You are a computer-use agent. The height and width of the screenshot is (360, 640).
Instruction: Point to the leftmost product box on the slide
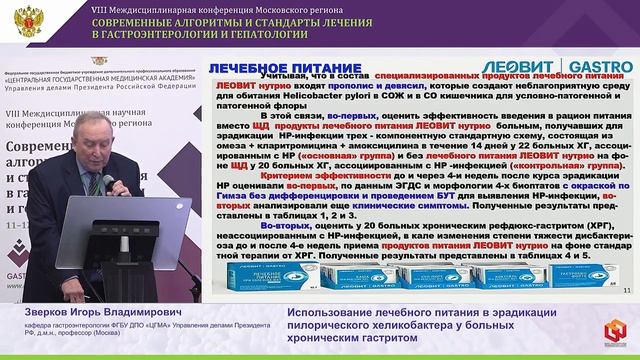click(249, 276)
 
